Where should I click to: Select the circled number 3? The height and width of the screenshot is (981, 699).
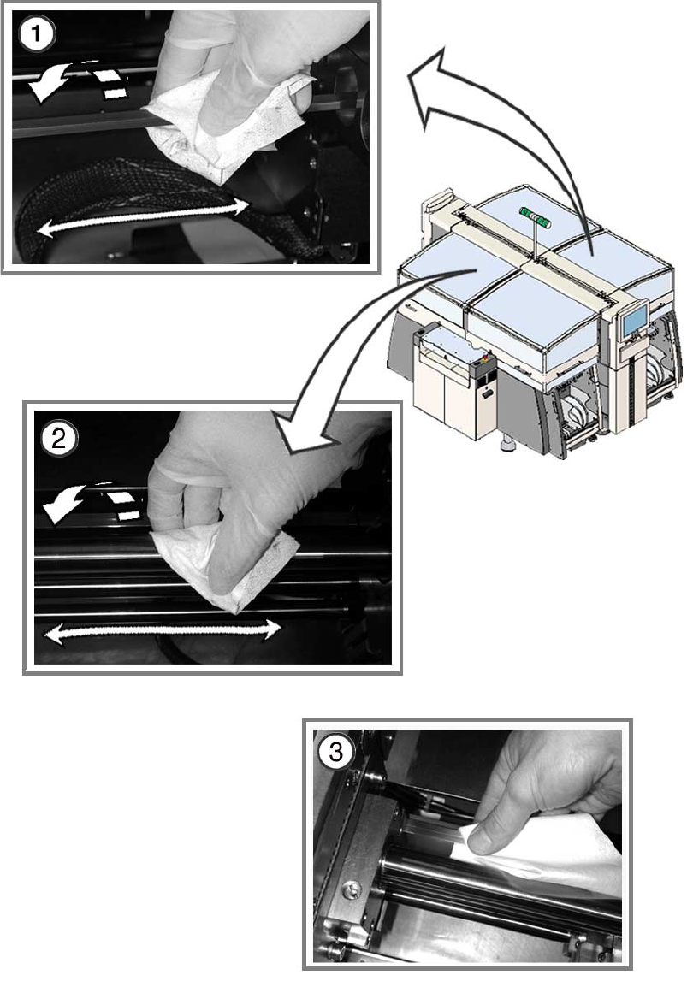[336, 752]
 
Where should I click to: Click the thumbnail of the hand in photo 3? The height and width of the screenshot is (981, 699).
[486, 842]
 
